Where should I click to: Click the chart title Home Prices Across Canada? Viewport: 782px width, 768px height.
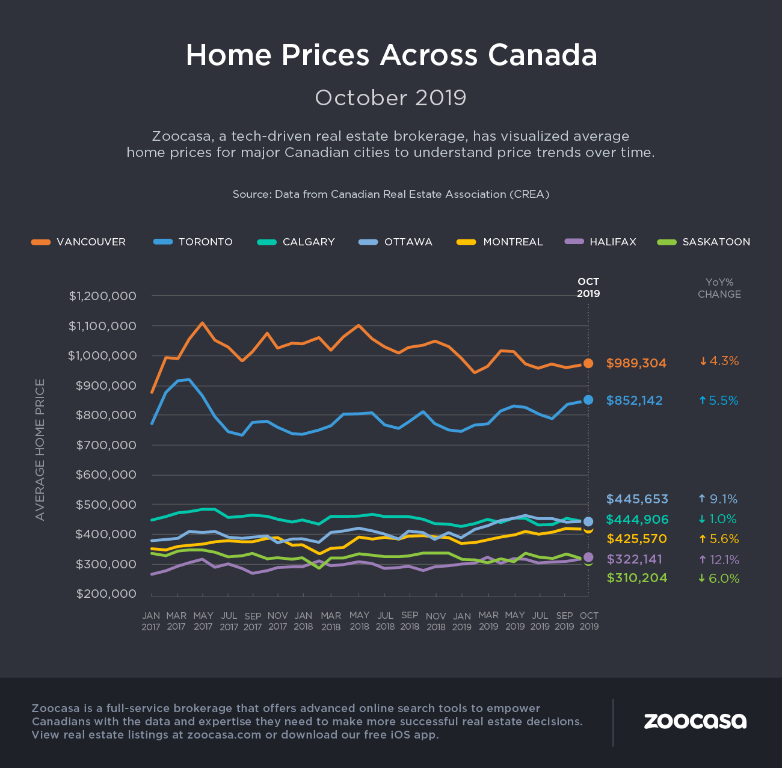pyautogui.click(x=391, y=55)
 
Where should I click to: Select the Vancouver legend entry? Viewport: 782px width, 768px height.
pyautogui.click(x=79, y=242)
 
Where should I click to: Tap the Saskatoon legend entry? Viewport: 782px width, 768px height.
pyautogui.click(x=704, y=242)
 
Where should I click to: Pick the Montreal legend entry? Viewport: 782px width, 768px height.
pyautogui.click(x=500, y=242)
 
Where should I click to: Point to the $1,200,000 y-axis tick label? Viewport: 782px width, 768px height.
pyautogui.click(x=111, y=296)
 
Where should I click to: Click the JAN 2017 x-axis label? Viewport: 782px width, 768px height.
pyautogui.click(x=151, y=621)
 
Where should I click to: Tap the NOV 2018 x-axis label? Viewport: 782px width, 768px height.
pyautogui.click(x=436, y=621)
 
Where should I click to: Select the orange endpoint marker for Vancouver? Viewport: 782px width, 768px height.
pyautogui.click(x=588, y=363)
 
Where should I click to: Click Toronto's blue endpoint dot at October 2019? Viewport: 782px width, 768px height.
pyautogui.click(x=588, y=400)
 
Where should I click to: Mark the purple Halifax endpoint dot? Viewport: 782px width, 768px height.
pyautogui.click(x=588, y=557)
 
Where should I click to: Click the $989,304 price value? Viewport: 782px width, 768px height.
pyautogui.click(x=636, y=363)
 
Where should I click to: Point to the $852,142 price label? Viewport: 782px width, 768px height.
pyautogui.click(x=634, y=401)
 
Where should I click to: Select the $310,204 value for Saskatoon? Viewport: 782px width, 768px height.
pyautogui.click(x=636, y=578)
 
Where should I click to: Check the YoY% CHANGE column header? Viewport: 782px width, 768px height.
pyautogui.click(x=719, y=288)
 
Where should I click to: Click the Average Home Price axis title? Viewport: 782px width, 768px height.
pyautogui.click(x=40, y=449)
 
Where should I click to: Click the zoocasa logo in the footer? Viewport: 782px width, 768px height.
pyautogui.click(x=695, y=721)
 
